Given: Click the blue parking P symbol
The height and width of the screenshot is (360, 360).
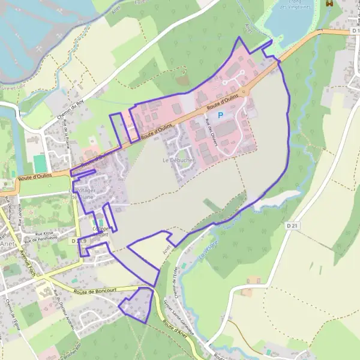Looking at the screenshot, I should coord(220,115).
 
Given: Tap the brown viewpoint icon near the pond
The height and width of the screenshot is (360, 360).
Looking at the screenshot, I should coord(328,4).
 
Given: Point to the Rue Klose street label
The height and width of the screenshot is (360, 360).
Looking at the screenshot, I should coord(44,233).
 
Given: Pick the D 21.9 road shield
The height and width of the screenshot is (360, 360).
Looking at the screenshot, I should coord(79,241).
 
